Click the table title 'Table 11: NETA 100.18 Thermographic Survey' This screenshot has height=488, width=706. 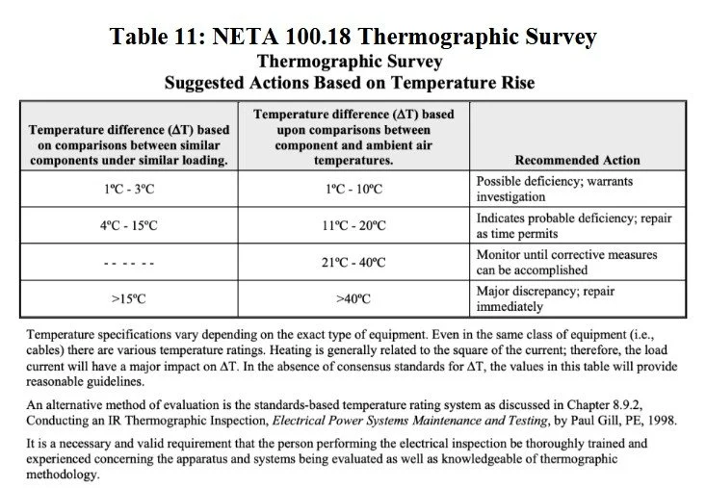tap(353, 38)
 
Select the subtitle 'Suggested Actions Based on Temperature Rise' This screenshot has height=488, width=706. tap(353, 83)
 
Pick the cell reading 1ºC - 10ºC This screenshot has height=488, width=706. tap(353, 189)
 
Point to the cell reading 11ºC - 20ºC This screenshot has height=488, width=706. tap(353, 226)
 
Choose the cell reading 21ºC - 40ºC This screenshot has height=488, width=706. tap(353, 263)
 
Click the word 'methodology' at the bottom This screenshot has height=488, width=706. tap(62, 475)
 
